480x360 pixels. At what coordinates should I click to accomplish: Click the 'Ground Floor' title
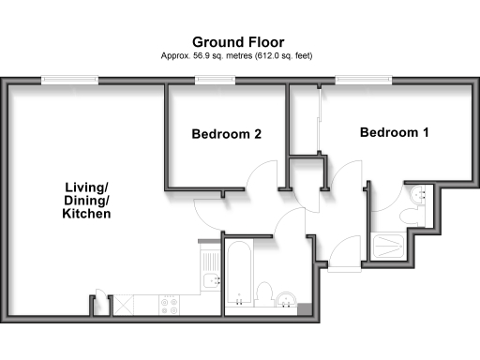point(239,42)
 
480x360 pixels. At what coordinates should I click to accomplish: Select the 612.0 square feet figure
point(267,57)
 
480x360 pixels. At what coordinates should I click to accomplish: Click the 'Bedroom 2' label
point(226,135)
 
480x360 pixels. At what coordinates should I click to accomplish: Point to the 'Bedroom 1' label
point(395,133)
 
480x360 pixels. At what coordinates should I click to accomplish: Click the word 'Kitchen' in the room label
point(81,215)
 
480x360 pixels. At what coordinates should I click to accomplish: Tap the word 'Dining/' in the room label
point(81,201)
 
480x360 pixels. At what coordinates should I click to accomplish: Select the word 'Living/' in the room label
point(81,187)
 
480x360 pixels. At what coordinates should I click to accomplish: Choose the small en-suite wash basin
point(419,195)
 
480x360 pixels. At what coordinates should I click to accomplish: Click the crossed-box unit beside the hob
point(121,305)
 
